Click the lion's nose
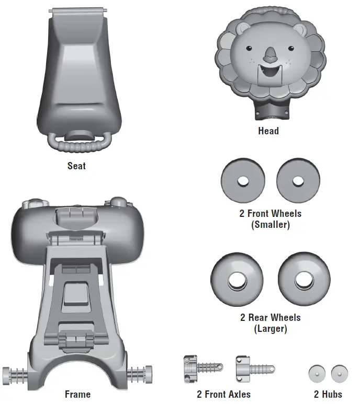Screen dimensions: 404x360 (269, 54)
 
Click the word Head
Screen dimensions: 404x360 (268, 131)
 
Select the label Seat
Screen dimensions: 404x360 (76, 166)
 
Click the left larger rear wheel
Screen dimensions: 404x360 (237, 281)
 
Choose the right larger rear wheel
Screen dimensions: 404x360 (304, 281)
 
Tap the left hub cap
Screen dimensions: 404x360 (317, 373)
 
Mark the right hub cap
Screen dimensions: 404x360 (339, 373)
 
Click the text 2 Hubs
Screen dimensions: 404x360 (328, 394)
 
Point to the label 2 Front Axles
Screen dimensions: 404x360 (223, 394)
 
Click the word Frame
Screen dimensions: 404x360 (77, 394)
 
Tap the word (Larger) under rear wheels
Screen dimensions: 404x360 (271, 329)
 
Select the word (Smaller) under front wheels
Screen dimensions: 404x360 (271, 225)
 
